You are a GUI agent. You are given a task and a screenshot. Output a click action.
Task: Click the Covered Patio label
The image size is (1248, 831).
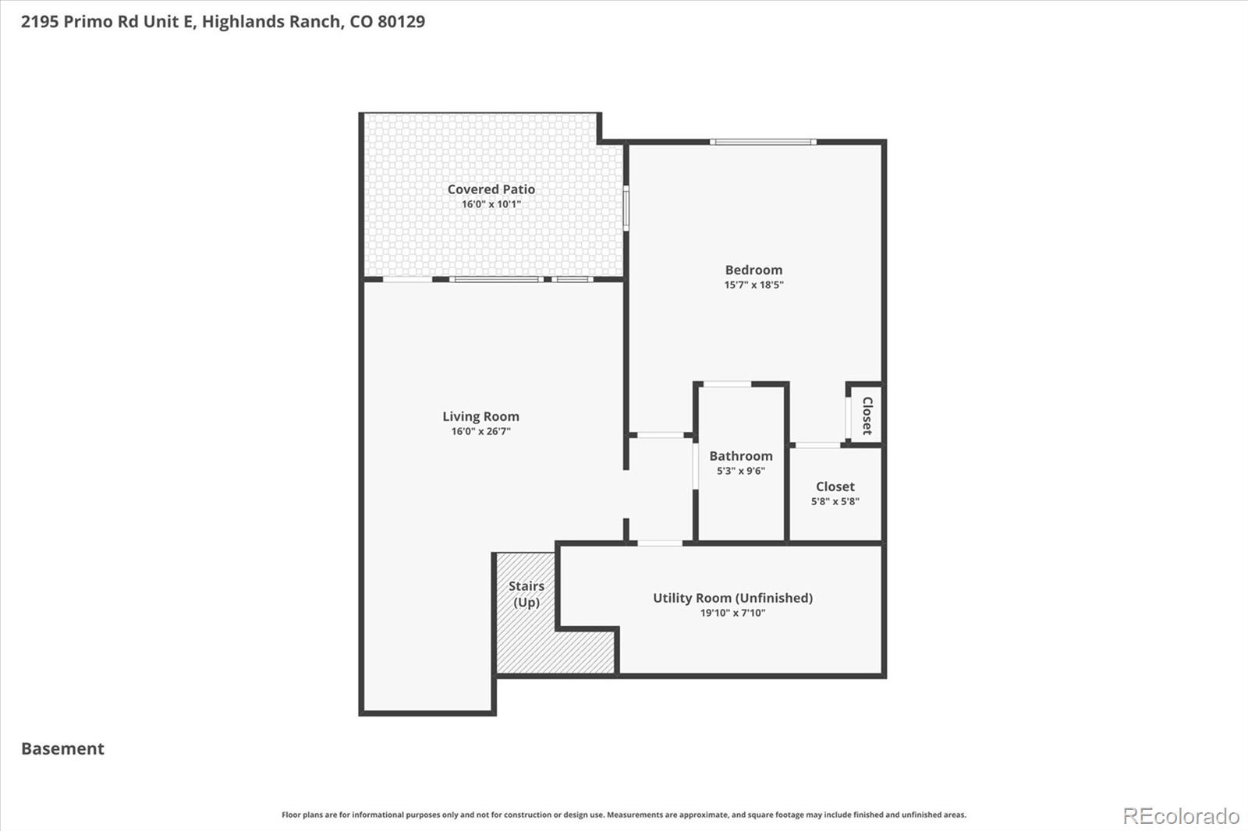491,189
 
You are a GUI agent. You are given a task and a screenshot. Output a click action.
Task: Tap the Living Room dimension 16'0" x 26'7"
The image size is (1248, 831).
480,431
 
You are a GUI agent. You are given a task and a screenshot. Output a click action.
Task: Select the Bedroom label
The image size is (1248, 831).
753,270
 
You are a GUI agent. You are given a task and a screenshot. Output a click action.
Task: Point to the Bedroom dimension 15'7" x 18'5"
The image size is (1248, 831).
753,285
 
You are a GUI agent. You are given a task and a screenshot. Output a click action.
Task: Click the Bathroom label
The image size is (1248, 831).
740,456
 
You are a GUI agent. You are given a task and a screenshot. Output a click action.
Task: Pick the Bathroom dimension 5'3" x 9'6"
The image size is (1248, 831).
740,471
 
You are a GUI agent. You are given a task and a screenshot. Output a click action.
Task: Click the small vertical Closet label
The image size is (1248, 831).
867,415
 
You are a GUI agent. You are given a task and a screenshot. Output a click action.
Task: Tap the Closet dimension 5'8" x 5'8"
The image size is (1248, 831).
835,501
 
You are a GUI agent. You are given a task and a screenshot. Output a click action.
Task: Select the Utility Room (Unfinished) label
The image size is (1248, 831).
732,598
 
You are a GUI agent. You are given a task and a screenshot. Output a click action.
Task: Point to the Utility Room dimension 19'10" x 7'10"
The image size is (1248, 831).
732,613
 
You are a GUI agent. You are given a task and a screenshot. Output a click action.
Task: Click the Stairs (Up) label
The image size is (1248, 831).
526,594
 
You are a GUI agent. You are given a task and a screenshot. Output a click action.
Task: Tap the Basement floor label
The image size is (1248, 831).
62,748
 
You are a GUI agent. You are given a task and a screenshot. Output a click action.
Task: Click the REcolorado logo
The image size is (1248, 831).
1180,816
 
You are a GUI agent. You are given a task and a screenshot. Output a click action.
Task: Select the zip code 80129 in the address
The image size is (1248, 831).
401,22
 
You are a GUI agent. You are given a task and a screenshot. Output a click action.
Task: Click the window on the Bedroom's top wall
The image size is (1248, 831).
762,142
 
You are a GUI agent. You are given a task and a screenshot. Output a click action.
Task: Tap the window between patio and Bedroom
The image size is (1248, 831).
626,207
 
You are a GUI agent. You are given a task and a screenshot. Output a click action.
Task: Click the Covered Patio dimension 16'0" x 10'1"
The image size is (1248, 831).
491,204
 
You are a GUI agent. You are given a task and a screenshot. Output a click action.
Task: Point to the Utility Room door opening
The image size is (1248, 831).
660,543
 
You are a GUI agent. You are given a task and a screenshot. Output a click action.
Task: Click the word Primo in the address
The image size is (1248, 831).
88,22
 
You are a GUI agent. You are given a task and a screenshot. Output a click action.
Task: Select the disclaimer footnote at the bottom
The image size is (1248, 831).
623,815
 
